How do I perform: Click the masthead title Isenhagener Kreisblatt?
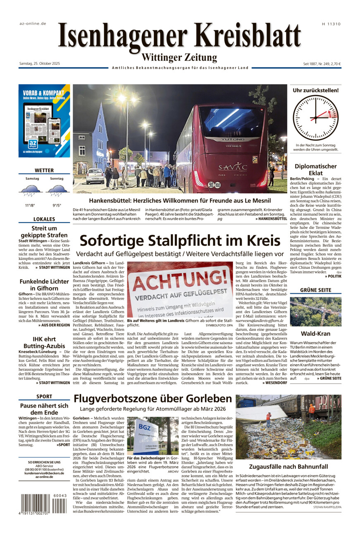tap(179, 36)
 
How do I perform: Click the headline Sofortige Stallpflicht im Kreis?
tap(179, 240)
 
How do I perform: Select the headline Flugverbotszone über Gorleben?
tap(153, 399)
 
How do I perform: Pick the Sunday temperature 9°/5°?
tap(57, 205)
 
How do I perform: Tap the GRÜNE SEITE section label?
tap(315, 290)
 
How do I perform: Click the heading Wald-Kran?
tap(315, 333)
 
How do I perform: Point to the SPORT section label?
tap(44, 396)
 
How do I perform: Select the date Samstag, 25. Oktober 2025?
tap(40, 63)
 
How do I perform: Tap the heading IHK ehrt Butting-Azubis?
tap(44, 342)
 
